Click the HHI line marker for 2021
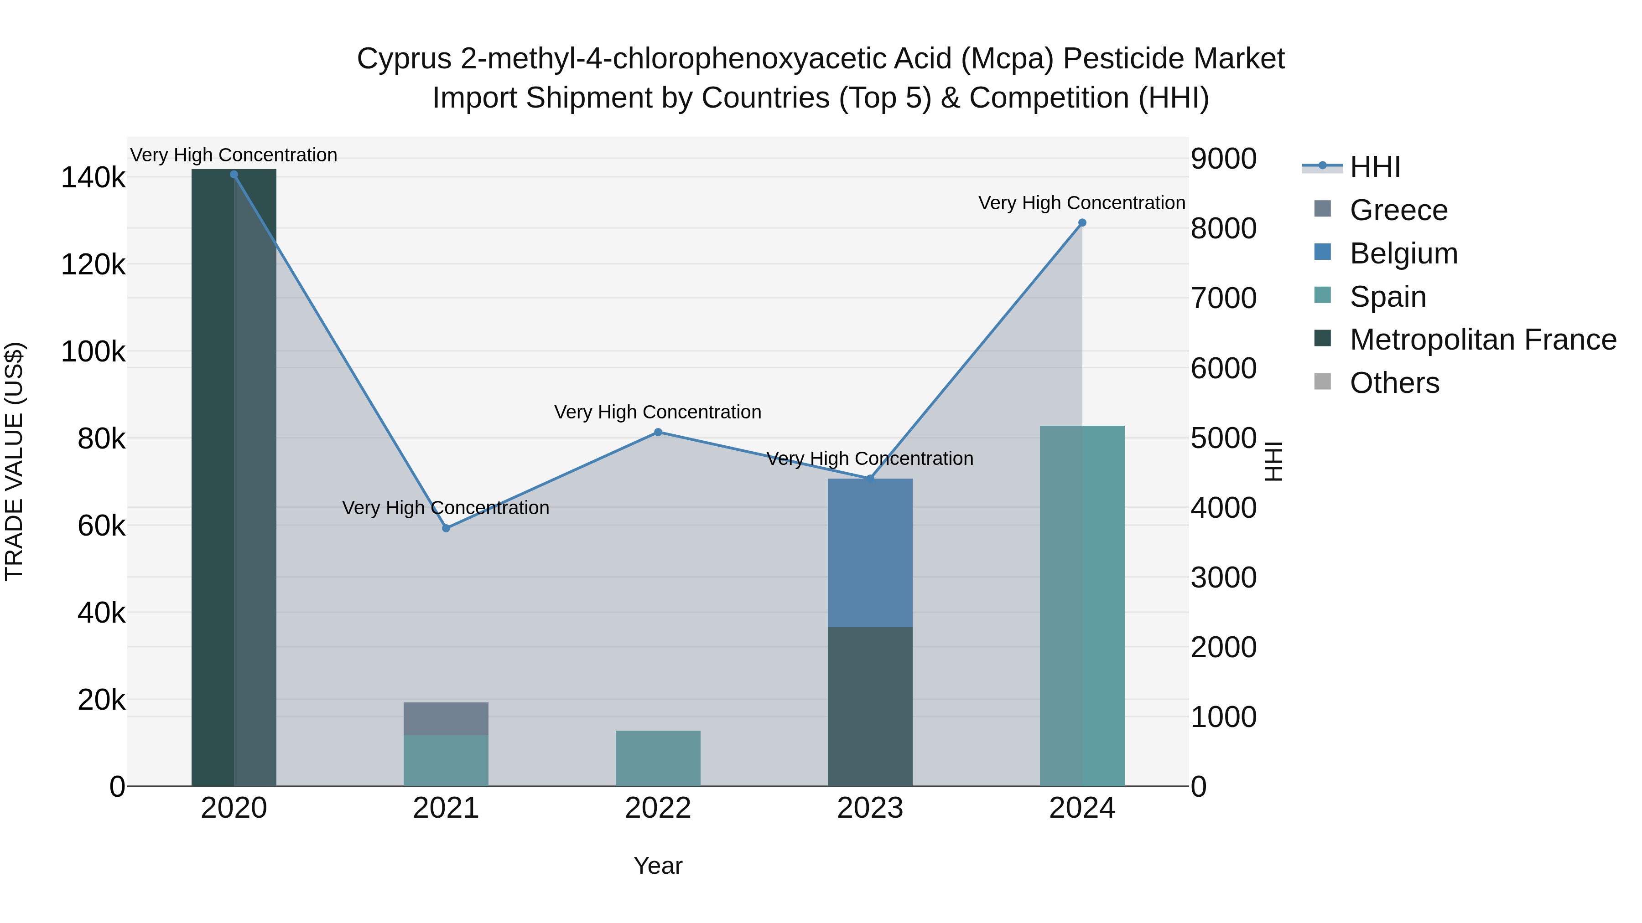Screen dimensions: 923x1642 coord(446,528)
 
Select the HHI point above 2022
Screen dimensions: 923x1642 coord(658,433)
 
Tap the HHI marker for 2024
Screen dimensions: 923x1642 coord(1082,223)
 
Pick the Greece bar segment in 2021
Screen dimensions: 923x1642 coord(446,718)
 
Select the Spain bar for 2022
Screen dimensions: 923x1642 coord(658,758)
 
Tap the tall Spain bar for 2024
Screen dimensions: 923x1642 coord(1082,605)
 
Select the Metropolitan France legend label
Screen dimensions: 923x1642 coord(1483,340)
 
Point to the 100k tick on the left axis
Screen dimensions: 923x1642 coord(93,351)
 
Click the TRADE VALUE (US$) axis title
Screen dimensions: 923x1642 coord(14,461)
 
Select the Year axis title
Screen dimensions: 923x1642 coord(658,866)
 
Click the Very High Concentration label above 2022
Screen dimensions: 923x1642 coord(658,412)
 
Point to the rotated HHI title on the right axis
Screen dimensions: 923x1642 coord(1273,461)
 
